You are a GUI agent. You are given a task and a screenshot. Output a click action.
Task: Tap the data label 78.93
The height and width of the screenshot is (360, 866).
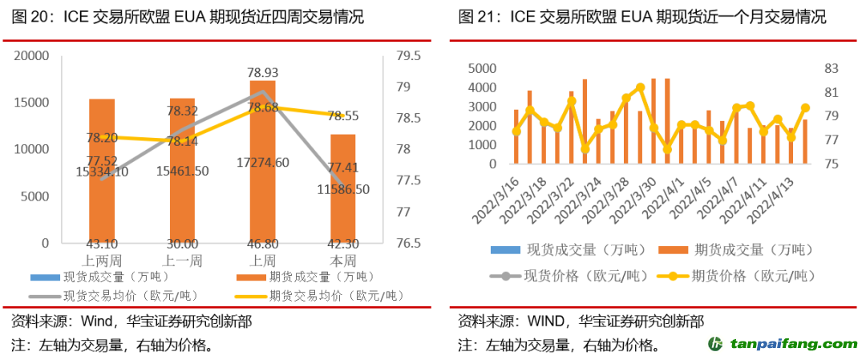coord(263,72)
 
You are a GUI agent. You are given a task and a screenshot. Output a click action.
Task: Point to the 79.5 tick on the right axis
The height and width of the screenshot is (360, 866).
coord(408,56)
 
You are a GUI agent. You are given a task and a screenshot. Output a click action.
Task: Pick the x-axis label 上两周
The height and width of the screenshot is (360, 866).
coord(102,261)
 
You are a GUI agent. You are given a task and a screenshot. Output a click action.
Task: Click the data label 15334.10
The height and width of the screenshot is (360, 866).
coord(102,171)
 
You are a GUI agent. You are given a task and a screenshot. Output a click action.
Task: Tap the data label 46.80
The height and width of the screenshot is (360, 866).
coord(262,244)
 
